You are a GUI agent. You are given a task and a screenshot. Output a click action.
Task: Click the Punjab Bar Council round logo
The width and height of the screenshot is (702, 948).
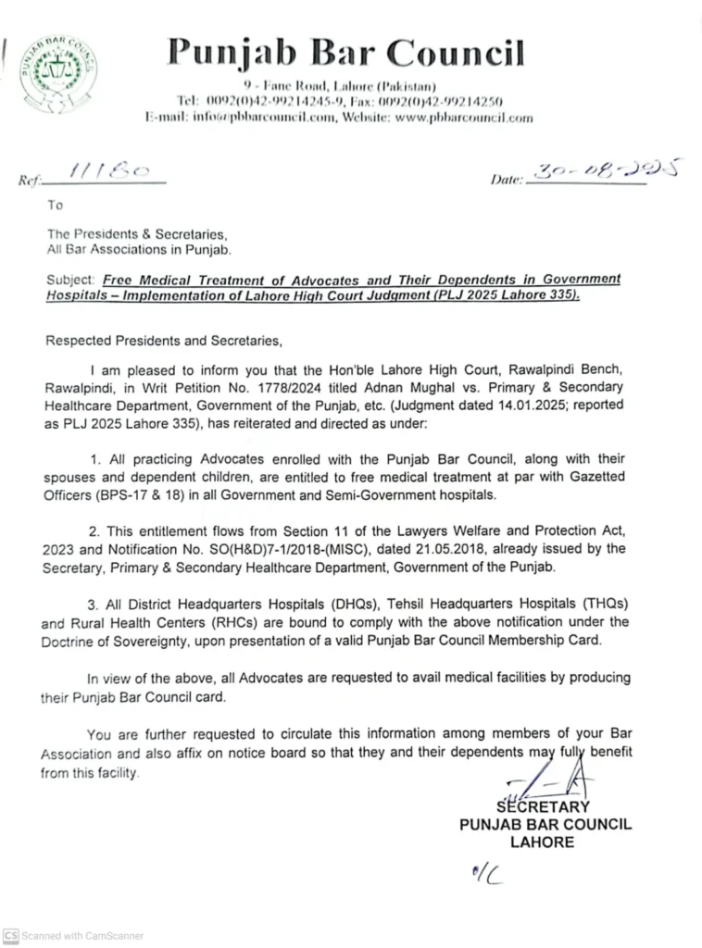coord(59,73)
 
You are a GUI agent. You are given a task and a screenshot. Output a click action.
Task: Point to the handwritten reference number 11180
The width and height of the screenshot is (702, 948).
coord(106,172)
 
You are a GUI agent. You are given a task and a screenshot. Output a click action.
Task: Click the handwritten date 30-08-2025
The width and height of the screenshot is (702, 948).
coord(602,169)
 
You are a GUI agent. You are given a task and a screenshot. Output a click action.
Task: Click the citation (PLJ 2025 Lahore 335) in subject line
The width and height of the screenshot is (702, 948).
coord(505,294)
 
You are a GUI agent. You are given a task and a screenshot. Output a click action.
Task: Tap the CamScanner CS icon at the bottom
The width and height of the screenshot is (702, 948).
coord(10,935)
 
